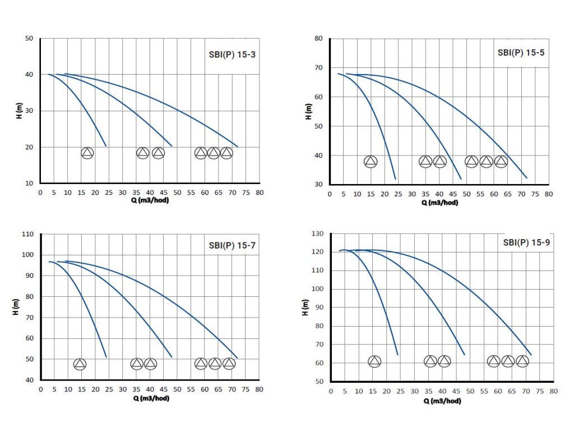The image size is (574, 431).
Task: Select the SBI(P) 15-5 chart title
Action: (x=520, y=53)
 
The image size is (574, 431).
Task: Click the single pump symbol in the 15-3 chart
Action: (x=87, y=153)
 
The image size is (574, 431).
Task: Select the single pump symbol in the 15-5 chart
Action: (x=371, y=162)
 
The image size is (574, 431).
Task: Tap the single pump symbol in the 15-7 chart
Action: (x=80, y=364)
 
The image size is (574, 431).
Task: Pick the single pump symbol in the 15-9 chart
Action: (x=374, y=361)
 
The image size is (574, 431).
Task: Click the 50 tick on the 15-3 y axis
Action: (x=30, y=38)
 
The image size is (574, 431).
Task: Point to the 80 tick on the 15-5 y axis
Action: (x=318, y=39)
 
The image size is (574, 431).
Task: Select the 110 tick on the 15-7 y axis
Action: (x=27, y=234)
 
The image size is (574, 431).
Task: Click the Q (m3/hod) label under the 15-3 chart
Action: (x=150, y=200)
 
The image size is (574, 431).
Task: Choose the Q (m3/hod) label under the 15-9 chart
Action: (x=442, y=401)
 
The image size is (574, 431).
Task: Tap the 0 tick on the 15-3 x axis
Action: (x=40, y=192)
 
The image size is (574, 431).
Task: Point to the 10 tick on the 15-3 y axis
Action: (x=30, y=184)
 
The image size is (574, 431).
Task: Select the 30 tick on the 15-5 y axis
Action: (x=318, y=185)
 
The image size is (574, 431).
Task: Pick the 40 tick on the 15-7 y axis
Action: (x=30, y=380)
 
